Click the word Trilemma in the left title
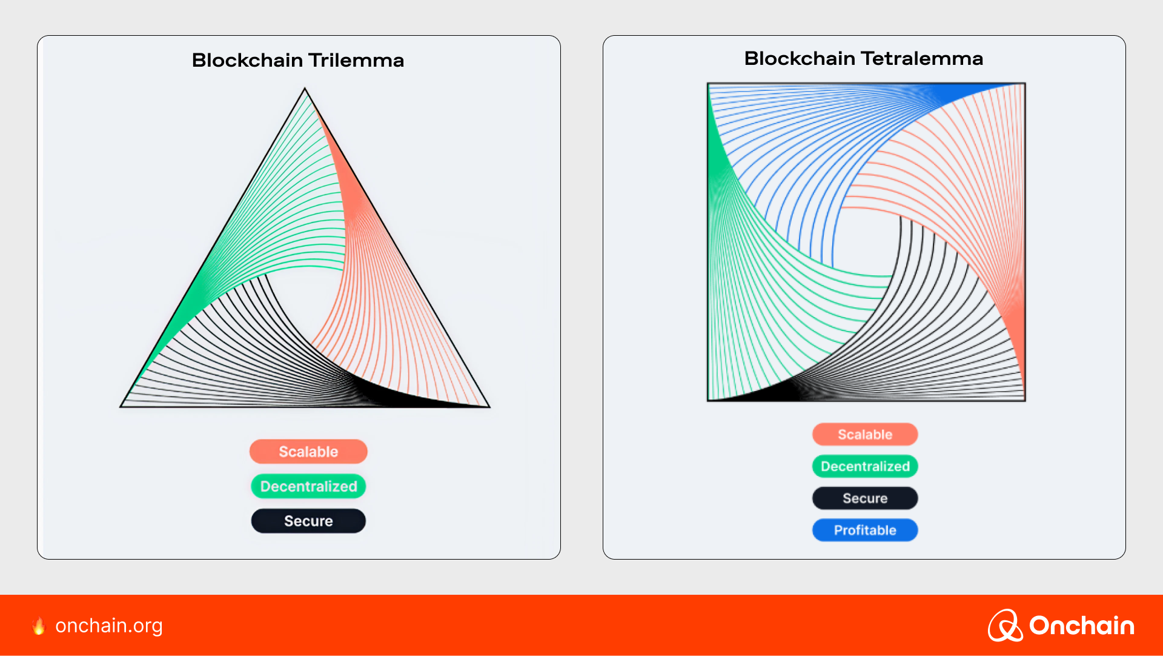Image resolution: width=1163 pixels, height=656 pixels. [356, 60]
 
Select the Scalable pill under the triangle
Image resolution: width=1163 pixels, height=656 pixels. [308, 452]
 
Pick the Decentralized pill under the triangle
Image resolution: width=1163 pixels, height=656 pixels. [308, 486]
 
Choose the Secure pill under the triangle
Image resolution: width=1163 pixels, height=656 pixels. [308, 521]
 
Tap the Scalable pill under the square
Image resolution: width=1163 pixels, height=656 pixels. [865, 434]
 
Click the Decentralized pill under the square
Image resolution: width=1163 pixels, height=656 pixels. [865, 466]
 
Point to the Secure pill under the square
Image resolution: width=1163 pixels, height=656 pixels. [865, 498]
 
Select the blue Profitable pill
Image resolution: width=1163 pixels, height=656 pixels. [865, 530]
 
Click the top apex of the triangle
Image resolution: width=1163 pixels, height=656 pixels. [305, 89]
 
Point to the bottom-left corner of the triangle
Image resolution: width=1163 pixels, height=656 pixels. [121, 407]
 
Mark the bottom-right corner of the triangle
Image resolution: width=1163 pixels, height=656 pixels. [489, 407]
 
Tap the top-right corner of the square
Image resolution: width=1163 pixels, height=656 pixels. [1025, 84]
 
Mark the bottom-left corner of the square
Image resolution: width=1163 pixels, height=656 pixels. [708, 400]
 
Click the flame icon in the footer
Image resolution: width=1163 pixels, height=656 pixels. [39, 626]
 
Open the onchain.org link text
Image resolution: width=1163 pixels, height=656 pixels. [109, 626]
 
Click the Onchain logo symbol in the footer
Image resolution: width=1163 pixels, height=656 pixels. [1006, 625]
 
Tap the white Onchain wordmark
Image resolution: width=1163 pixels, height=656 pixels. [1082, 626]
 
